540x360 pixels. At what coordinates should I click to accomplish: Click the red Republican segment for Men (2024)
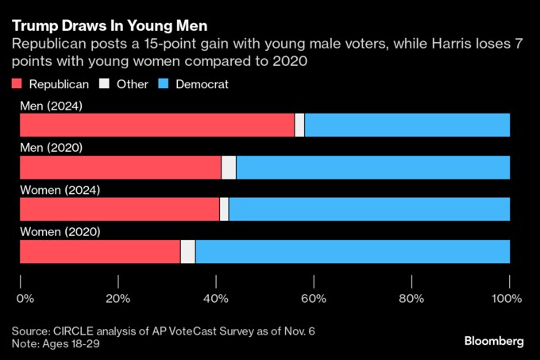click(156, 126)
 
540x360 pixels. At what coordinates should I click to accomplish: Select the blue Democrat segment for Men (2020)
click(373, 168)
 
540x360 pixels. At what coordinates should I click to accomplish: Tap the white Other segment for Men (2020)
click(229, 168)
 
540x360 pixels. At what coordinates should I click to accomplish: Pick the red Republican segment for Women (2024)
click(119, 209)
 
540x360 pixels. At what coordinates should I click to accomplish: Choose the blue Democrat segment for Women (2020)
click(353, 251)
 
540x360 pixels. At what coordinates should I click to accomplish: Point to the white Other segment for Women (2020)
click(188, 251)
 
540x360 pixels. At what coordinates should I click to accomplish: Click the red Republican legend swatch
click(16, 83)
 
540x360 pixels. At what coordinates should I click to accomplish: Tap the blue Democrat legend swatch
click(164, 83)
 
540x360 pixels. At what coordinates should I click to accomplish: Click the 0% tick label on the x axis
click(25, 299)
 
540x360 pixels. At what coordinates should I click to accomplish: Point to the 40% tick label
click(216, 299)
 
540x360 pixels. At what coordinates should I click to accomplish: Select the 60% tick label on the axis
click(314, 299)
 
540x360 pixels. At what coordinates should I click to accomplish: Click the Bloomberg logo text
click(494, 341)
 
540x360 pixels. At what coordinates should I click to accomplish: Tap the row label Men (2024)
click(52, 106)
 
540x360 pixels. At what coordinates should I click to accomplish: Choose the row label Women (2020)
click(60, 231)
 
